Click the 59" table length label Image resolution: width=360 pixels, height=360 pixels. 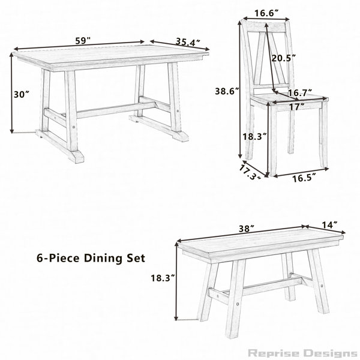pos(83,41)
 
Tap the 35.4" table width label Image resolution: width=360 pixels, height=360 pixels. pos(188,42)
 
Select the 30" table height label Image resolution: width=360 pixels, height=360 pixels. pos(22,94)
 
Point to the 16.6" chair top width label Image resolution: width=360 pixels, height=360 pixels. pos(266,14)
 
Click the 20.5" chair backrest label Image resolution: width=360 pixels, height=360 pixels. pos(283,58)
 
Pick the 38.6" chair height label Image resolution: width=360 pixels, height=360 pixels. pos(227,91)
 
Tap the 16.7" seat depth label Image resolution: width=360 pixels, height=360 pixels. pos(299,93)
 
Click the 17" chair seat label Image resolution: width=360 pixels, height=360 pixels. pos(297,107)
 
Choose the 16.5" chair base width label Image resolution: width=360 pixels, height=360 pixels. pos(304,178)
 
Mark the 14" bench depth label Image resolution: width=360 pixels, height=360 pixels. pos(329,225)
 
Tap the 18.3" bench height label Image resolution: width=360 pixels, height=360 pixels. pos(163,278)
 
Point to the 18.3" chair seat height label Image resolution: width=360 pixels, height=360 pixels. pos(255,137)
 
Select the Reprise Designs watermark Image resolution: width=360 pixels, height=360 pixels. pos(302,353)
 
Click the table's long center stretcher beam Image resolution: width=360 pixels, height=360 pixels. pos(116,110)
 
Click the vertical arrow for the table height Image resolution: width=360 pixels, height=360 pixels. pos(11,93)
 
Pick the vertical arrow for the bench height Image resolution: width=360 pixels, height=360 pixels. pos(176,281)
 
